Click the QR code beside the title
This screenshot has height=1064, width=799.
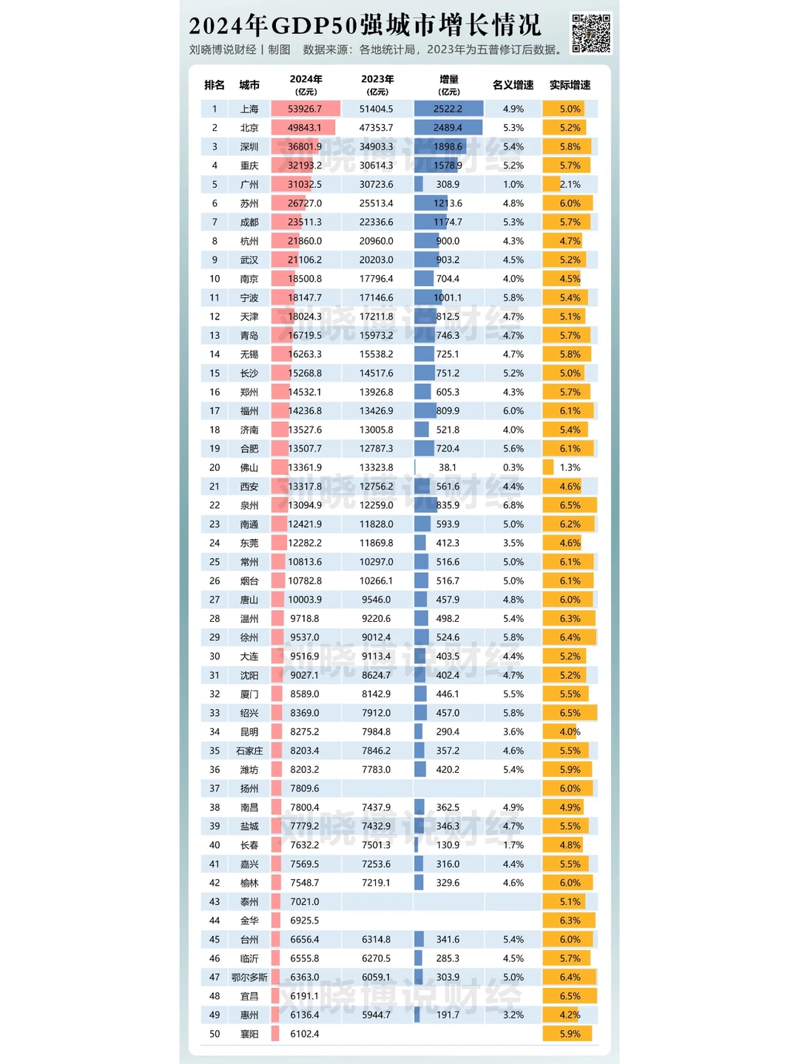(x=590, y=33)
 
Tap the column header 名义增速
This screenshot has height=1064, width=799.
(x=513, y=85)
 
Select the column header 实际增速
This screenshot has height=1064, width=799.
(x=570, y=85)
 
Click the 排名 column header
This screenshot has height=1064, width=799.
(x=215, y=85)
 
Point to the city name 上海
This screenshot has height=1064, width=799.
(x=249, y=109)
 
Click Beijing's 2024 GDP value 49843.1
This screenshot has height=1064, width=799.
(x=305, y=128)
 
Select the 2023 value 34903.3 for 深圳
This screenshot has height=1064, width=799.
(x=377, y=147)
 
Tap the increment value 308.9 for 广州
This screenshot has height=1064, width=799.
(x=448, y=185)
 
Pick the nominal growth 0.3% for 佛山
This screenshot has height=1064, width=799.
(x=513, y=468)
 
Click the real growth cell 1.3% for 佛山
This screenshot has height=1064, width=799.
(x=570, y=468)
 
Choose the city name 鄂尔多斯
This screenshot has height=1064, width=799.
(x=249, y=977)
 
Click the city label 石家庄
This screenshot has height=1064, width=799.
(x=249, y=750)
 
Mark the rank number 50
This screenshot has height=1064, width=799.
(x=215, y=1034)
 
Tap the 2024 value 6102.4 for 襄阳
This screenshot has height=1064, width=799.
(x=305, y=1034)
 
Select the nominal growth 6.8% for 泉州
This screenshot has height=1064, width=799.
(x=513, y=506)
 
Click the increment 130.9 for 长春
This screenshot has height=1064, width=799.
(x=448, y=845)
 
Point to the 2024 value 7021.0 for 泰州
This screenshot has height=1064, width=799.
(x=305, y=901)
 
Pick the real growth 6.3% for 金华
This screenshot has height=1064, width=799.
(x=570, y=921)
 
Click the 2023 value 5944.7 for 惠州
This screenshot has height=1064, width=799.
(x=377, y=1015)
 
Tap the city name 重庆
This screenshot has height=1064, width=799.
(x=249, y=166)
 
